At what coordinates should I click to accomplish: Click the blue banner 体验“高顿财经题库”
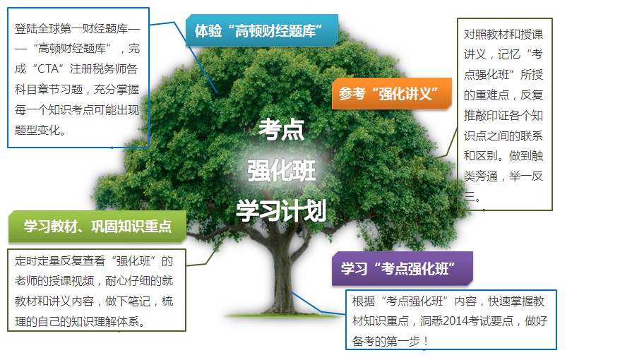262,30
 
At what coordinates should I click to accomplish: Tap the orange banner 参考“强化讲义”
391,94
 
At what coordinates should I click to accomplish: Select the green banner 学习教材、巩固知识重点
97,227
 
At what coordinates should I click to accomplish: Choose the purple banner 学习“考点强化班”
402,269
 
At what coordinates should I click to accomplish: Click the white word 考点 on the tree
281,130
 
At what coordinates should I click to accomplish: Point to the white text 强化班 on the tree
281,171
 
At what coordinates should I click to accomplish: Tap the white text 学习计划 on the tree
281,210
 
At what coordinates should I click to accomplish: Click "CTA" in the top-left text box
48,68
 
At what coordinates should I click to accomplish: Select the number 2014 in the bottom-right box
455,321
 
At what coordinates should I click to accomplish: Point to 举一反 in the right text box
526,176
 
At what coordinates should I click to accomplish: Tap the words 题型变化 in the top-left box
37,130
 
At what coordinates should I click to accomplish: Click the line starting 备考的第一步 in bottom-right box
390,341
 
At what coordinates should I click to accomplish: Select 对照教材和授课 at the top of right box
503,35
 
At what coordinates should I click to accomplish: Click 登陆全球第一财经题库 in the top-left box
71,28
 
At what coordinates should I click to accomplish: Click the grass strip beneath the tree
282,316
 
